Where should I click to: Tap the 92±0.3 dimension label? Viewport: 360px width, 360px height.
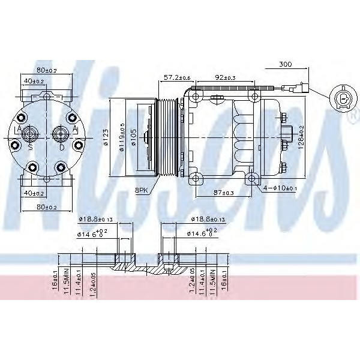[225, 77]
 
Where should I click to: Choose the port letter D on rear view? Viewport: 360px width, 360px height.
[62, 146]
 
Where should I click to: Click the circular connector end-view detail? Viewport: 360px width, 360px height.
[343, 98]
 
